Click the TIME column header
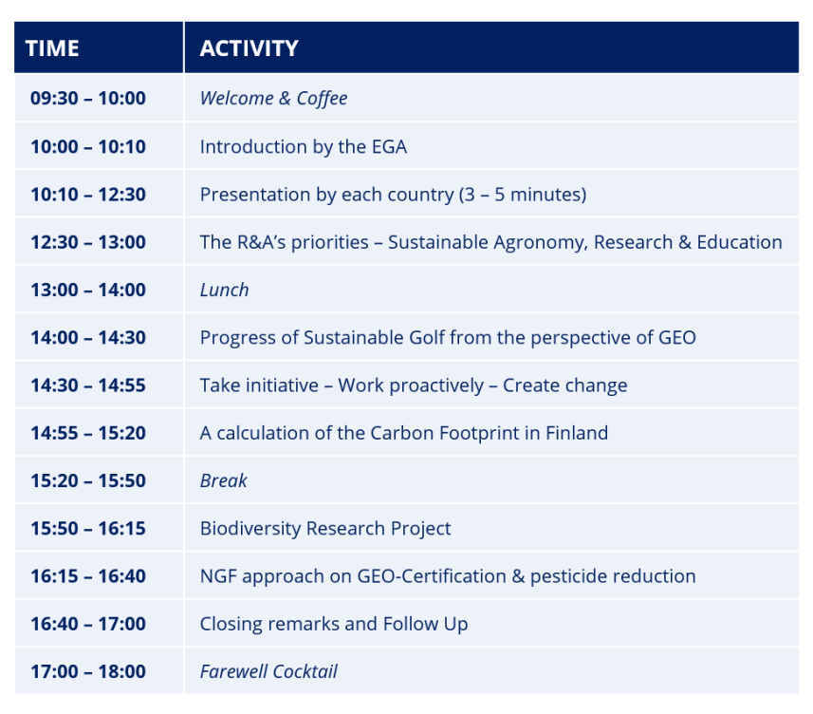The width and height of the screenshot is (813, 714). pos(52,48)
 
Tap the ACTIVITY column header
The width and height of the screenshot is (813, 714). pos(249,48)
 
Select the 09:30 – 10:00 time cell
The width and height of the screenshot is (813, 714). pos(88,98)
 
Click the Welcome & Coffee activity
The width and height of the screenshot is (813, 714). pos(274,99)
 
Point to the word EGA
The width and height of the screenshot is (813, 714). pos(389,147)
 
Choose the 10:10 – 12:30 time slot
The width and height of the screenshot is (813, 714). pos(88,195)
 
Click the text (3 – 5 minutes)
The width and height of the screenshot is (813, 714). pos(523,195)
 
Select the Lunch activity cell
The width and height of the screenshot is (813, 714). pos(225,290)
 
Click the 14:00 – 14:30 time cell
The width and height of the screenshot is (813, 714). pos(88,338)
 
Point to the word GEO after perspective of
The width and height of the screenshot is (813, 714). pos(677,338)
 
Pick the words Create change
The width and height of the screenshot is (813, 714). pos(565,386)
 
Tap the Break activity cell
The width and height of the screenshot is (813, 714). pos(224,480)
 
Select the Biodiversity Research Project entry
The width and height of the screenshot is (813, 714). pos(325,529)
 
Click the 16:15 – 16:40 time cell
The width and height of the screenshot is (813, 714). pos(88,576)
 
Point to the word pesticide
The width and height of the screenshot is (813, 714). pos(567,576)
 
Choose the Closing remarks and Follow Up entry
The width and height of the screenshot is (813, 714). pos(334,624)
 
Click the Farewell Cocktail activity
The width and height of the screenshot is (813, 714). pos(268,671)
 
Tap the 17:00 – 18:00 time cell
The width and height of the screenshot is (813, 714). pos(88,671)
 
